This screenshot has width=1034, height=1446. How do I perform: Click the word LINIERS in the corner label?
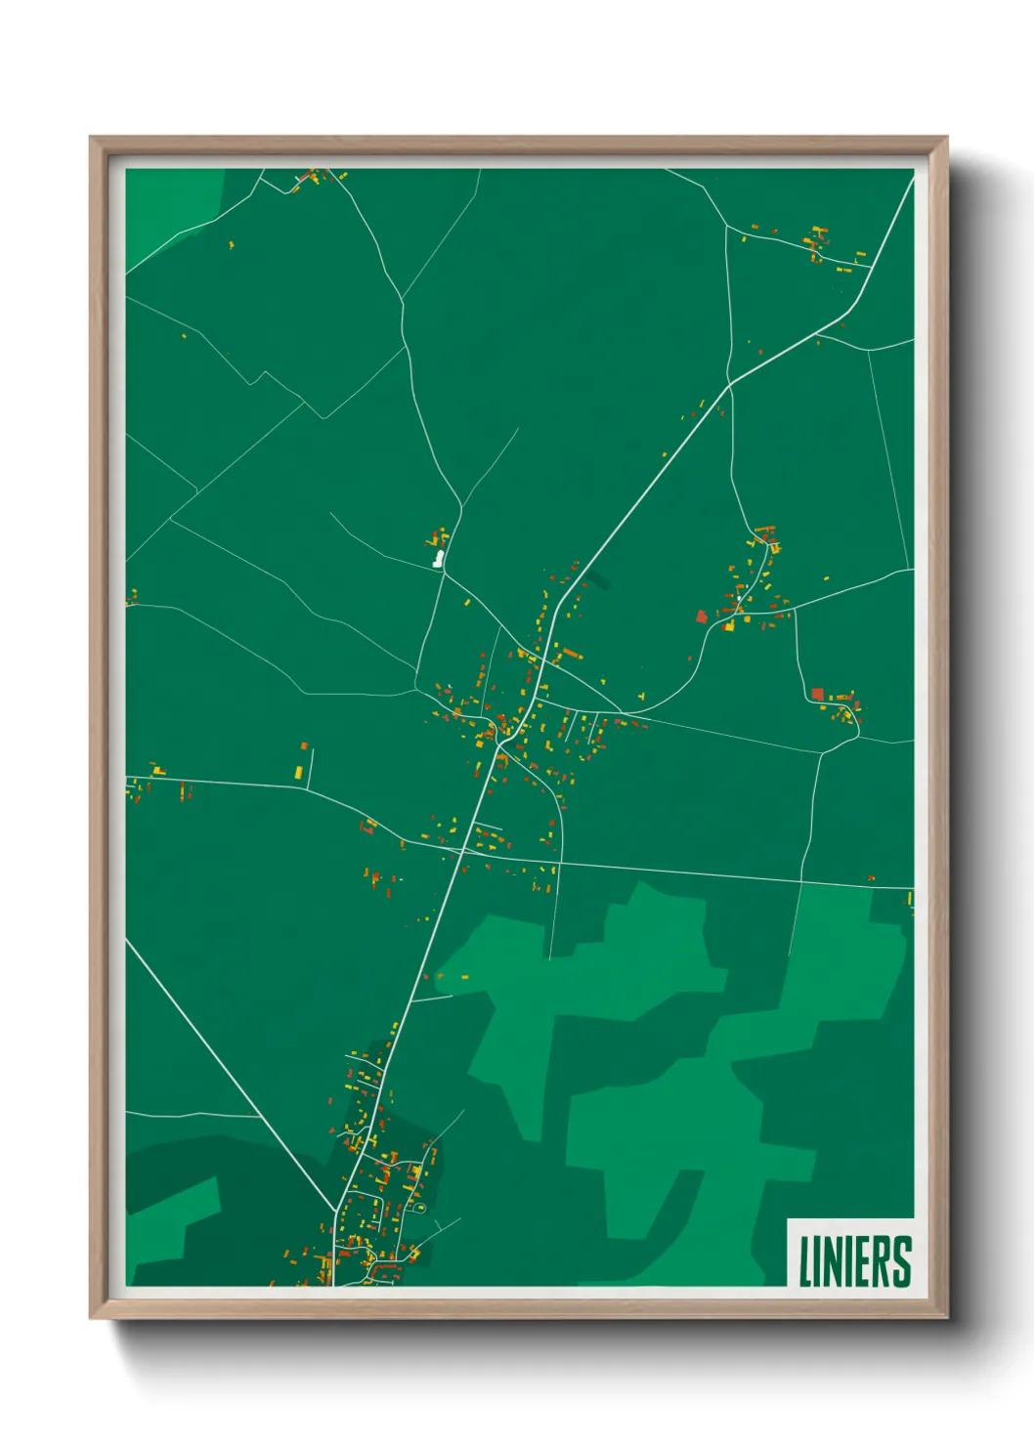click(x=855, y=1261)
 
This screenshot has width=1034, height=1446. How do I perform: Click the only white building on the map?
click(x=438, y=559)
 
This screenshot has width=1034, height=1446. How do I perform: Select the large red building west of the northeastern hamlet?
click(x=701, y=616)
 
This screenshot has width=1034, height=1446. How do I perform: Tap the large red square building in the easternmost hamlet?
click(x=817, y=694)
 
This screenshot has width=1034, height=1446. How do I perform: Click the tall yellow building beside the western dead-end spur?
click(x=299, y=772)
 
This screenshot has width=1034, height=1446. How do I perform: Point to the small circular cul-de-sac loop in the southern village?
click(x=421, y=1209)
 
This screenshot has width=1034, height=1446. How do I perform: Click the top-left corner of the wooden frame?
click(x=91, y=138)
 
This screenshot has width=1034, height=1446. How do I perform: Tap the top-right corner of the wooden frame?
click(x=946, y=138)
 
